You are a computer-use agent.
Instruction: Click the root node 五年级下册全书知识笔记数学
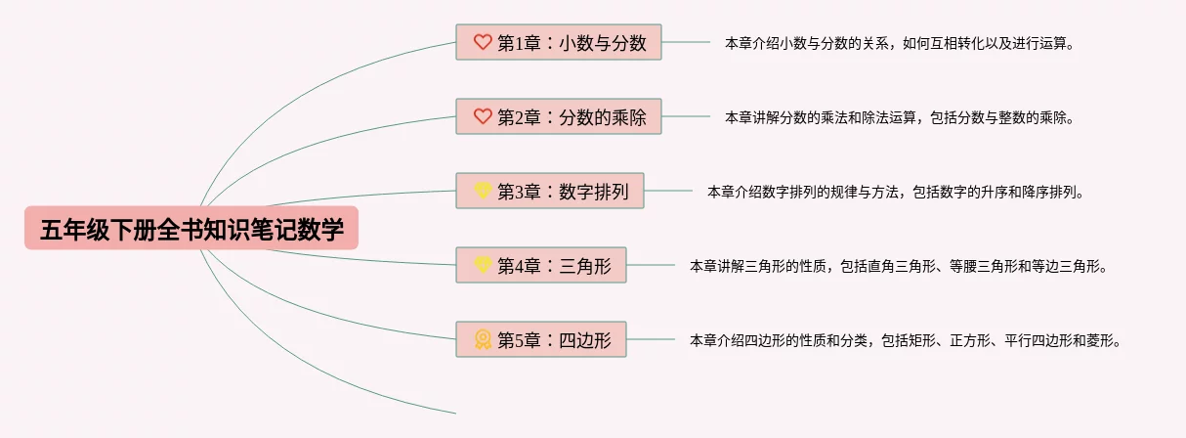tap(191, 228)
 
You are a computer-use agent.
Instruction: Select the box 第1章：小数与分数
tap(559, 42)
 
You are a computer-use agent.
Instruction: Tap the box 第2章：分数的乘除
tap(559, 116)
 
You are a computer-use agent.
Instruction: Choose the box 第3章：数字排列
tap(550, 191)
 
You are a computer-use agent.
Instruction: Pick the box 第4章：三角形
tap(541, 265)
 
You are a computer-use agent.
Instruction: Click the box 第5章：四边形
tap(541, 339)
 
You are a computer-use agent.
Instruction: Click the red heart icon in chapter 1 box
tap(483, 42)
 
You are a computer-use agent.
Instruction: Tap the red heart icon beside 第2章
tap(483, 116)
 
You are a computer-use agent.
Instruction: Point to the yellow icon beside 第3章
tap(483, 190)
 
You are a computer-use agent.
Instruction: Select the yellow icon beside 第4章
tap(483, 264)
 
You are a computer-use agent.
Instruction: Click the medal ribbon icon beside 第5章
tap(483, 339)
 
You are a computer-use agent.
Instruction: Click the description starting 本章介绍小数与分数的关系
tap(900, 43)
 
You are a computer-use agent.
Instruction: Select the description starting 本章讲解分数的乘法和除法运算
tap(900, 117)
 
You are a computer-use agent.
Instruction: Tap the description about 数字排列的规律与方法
tap(896, 192)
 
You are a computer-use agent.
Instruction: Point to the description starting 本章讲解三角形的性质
tap(899, 265)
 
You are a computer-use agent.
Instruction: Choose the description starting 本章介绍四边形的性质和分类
tap(906, 340)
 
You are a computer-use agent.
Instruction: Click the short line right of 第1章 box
tap(686, 42)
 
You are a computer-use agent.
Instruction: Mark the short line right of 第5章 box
tap(651, 339)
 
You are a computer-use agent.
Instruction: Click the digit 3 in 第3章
tap(520, 192)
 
